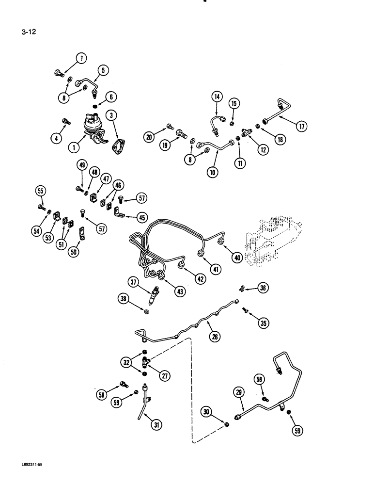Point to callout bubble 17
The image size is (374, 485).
[x=302, y=127]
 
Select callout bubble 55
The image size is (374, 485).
[x=40, y=191]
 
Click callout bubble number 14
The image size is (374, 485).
[x=216, y=97]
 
